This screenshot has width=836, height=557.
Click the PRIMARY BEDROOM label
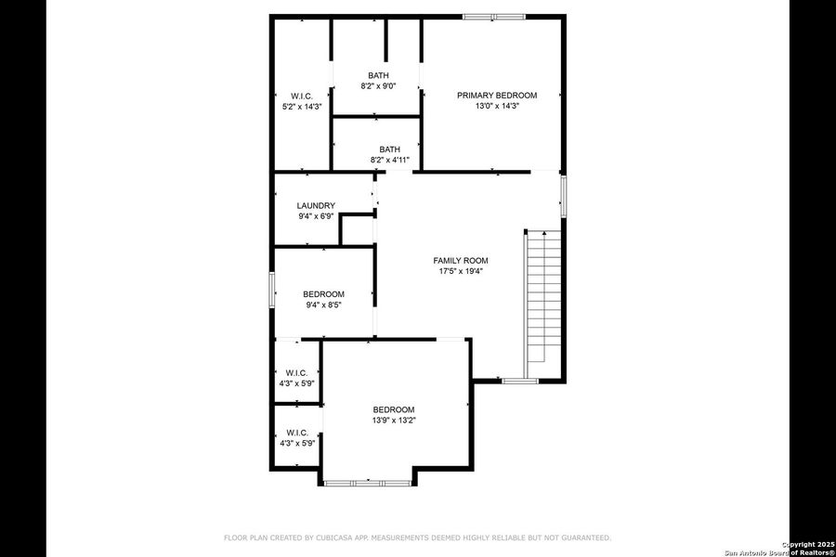[x=496, y=96]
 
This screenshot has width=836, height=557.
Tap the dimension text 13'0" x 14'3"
[x=496, y=106]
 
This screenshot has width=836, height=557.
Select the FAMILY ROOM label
[x=461, y=261]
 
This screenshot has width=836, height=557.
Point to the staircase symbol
[x=543, y=297]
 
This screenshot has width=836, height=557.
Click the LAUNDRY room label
[x=316, y=205]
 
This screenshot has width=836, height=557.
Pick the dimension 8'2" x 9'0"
[x=378, y=86]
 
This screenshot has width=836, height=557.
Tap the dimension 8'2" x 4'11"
[x=389, y=160]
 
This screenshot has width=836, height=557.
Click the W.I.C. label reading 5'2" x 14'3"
[x=302, y=107]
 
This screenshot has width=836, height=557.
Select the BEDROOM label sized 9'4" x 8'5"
[x=323, y=294]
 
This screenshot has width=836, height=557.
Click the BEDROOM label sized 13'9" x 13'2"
[x=394, y=409]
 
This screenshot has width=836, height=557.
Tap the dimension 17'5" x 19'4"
[x=461, y=271]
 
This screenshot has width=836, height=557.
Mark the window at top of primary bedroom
[x=494, y=16]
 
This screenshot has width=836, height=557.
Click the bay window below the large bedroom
[x=369, y=483]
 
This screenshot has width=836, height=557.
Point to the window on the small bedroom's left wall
[x=272, y=288]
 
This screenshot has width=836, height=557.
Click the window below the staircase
[x=520, y=381]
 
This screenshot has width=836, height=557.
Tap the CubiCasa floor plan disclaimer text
[x=417, y=538]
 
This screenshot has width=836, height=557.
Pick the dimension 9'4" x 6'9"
[x=316, y=216]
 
